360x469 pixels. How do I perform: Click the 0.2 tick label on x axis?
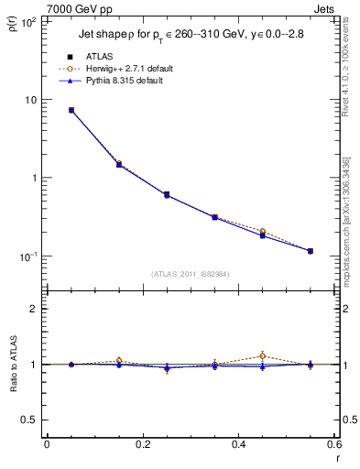[142, 444]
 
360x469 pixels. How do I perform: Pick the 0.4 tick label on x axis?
[238, 444]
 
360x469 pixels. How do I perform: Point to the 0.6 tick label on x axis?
[333, 444]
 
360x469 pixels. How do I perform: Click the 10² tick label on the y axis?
[28, 22]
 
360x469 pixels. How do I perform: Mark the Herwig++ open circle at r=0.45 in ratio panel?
[262, 355]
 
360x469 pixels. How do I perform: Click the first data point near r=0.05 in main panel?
[71, 110]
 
